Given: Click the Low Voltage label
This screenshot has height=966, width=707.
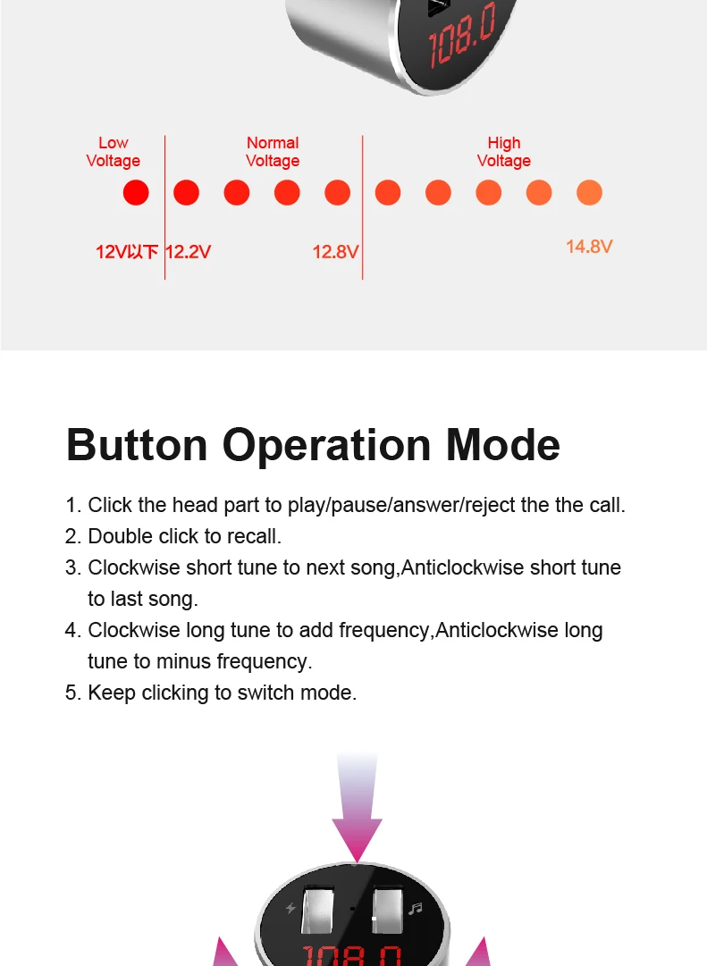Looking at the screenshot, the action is coord(114,152).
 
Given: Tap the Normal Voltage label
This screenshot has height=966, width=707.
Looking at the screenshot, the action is coord(273,152).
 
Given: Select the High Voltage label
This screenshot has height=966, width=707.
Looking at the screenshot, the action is coord(503,152).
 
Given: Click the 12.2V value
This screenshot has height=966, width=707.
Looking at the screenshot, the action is coord(189,252).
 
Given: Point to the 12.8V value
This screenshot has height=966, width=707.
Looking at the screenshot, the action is coord(335,252).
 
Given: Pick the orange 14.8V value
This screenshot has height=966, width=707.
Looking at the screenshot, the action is coord(589,247).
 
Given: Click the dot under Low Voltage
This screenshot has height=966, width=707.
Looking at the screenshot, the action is coord(136,192).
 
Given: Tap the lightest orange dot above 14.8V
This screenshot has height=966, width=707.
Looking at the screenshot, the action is coord(589,192).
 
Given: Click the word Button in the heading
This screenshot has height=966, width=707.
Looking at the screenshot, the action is coord(137,445).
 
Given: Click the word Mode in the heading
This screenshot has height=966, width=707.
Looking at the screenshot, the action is coord(503,445).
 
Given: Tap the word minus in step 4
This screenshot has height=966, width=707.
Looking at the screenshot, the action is coord(183,661).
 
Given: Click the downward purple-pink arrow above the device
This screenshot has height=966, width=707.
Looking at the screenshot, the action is coord(357,807).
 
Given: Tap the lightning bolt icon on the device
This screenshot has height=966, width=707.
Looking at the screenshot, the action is coord(290,908).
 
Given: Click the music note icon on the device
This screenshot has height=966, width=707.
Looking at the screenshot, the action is coord(416,908).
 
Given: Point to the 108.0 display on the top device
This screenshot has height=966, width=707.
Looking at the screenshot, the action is coord(462,36).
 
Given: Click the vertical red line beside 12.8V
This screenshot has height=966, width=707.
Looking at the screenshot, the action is coord(362,207).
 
